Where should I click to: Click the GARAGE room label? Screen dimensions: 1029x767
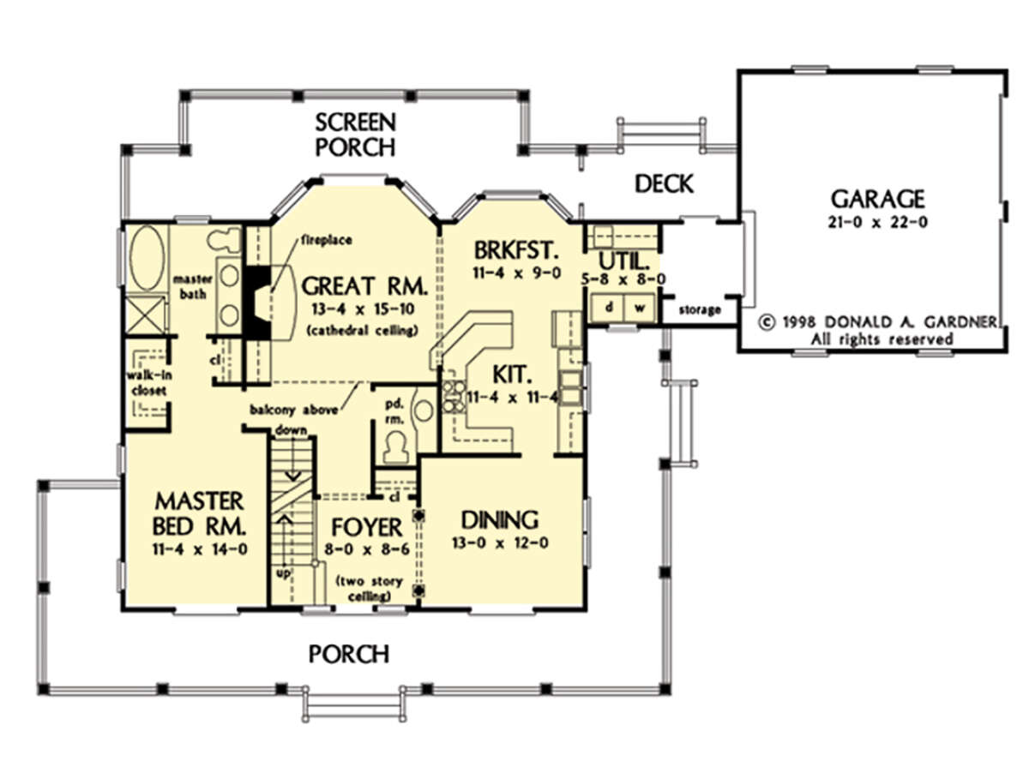coord(877,199)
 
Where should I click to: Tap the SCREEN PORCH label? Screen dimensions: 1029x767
coord(355,135)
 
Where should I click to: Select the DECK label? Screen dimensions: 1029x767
coord(664,183)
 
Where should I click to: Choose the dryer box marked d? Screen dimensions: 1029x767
coord(608,308)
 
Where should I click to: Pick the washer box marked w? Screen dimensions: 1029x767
coord(640,308)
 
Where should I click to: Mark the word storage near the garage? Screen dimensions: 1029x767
coord(699,309)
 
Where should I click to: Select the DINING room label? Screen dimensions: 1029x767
coord(499,519)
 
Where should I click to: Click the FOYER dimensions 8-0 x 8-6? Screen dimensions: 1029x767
coord(367,549)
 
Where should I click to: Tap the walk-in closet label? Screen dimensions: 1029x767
coord(148,382)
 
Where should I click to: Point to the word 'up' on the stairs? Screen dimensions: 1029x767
coord(283,573)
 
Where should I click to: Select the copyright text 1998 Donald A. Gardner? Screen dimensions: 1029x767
coord(877,322)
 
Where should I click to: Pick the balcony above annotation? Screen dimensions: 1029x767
coord(293,410)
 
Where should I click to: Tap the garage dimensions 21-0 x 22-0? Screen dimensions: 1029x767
coord(877,222)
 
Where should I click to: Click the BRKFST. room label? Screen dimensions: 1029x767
coord(516,251)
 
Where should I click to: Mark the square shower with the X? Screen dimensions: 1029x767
coord(145,315)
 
